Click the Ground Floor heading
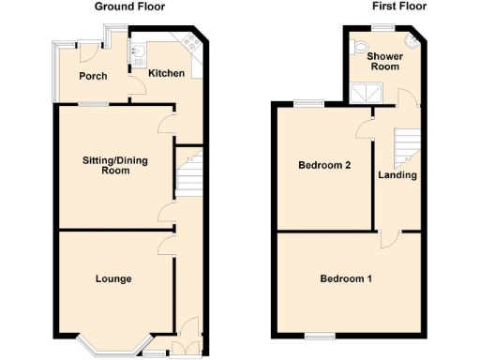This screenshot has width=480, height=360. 130,6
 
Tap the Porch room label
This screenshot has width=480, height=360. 92,76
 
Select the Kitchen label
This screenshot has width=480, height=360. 165,72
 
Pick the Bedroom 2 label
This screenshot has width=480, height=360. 324,166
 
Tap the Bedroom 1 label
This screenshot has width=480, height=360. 346,278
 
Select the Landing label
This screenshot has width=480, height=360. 397,174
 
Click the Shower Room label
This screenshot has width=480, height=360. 384,61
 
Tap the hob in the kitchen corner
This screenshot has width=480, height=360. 194,41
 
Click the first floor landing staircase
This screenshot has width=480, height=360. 405,146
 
